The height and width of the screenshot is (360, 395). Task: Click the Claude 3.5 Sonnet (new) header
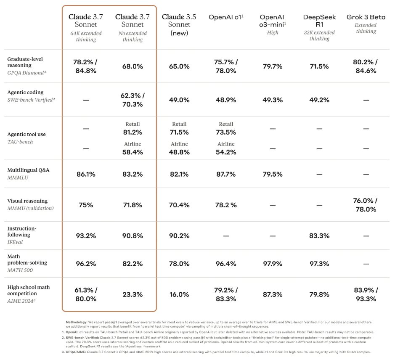click(179, 25)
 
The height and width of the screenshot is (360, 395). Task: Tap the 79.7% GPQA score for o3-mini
click(273, 66)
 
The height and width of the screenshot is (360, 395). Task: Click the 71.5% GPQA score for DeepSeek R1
click(319, 66)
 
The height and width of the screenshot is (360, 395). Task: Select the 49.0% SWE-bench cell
click(179, 100)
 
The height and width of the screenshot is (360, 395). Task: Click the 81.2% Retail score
click(133, 132)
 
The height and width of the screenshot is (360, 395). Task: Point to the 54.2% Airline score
click(226, 152)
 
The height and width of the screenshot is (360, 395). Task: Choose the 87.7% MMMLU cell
click(226, 174)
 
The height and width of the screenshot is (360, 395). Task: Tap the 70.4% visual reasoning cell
click(179, 205)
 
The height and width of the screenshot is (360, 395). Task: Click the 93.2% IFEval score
click(86, 236)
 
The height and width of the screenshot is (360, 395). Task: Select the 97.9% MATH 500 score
click(273, 264)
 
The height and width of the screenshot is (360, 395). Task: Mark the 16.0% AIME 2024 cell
click(179, 294)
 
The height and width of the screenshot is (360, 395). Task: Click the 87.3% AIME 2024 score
click(273, 294)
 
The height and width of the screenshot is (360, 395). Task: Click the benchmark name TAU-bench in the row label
click(20, 142)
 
